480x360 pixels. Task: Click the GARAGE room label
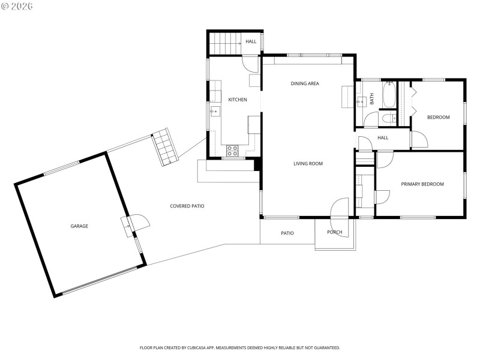[79, 226]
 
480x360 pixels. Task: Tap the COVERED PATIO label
[187, 206]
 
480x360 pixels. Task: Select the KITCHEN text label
[237, 100]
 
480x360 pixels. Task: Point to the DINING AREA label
[304, 83]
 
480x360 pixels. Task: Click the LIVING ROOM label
[308, 164]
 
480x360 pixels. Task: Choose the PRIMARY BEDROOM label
[422, 184]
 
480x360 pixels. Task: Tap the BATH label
[371, 98]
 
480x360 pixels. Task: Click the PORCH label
[334, 233]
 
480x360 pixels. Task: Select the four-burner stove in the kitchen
[232, 151]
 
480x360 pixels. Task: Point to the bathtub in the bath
[389, 96]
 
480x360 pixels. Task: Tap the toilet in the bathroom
[388, 118]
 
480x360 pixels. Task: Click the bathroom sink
[361, 102]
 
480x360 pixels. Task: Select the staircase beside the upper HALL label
[224, 43]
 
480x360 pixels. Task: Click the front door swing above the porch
[340, 208]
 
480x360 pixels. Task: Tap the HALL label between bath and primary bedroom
[383, 138]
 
